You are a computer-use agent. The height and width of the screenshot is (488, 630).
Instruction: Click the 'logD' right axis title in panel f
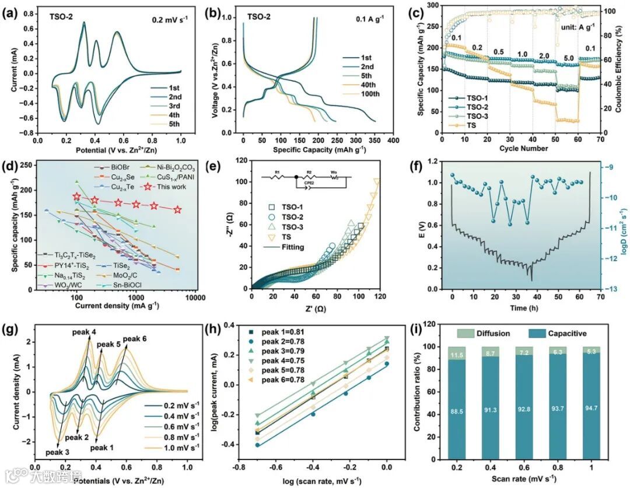(620, 228)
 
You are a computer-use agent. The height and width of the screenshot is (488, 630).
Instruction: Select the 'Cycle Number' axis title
(523, 148)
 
